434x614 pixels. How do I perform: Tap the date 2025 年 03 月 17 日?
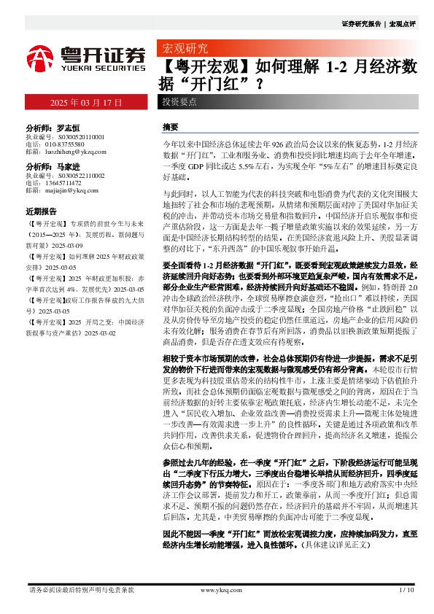(86, 101)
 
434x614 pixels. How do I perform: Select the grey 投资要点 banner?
(179, 101)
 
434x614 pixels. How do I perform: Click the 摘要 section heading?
(171, 126)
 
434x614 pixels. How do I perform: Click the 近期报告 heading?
(41, 210)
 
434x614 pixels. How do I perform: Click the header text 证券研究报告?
(361, 23)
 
